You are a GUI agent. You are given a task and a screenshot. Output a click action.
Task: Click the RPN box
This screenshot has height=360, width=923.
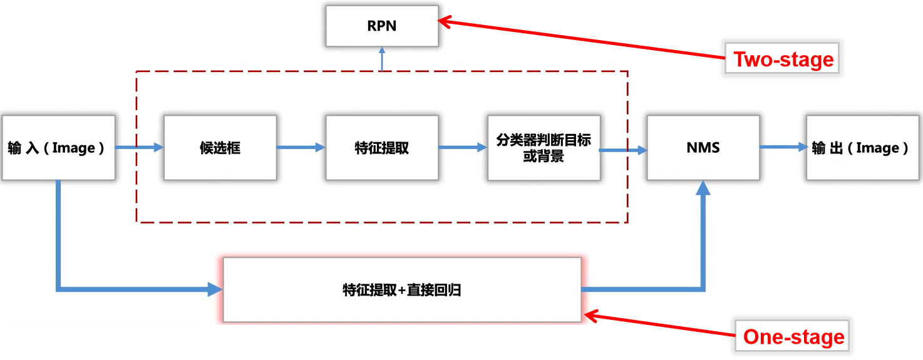click(x=381, y=27)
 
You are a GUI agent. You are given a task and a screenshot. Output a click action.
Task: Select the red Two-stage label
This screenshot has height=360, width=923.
click(x=783, y=59)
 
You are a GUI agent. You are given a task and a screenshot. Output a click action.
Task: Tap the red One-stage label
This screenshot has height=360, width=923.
click(x=793, y=337)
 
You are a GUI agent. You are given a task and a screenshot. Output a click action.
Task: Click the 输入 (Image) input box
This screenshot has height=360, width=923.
click(x=58, y=148)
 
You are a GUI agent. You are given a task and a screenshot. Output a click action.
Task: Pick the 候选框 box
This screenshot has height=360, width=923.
click(x=220, y=148)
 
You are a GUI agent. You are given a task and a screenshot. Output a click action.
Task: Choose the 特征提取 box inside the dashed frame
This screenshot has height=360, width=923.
click(x=381, y=148)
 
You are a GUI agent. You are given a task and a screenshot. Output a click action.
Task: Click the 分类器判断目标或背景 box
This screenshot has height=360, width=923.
click(x=544, y=148)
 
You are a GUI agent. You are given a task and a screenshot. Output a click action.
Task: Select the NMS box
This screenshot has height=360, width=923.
click(x=703, y=148)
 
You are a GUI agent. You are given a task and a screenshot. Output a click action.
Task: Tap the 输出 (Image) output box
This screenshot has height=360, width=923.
click(x=861, y=148)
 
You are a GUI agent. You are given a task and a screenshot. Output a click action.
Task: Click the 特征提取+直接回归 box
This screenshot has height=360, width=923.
click(x=402, y=290)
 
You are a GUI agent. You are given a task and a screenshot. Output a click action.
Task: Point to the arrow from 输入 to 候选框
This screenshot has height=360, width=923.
click(x=139, y=148)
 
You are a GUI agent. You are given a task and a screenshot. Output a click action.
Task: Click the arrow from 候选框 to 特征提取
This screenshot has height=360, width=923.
click(x=301, y=148)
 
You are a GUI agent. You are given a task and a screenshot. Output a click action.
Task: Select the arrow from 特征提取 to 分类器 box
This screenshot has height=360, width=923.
click(x=463, y=148)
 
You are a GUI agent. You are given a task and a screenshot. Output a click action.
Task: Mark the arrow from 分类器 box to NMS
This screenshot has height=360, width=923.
click(x=623, y=150)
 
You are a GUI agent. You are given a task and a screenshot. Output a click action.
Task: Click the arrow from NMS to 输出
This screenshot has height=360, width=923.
click(x=783, y=147)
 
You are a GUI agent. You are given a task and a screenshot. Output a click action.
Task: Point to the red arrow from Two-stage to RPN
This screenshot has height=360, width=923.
click(x=582, y=40)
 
